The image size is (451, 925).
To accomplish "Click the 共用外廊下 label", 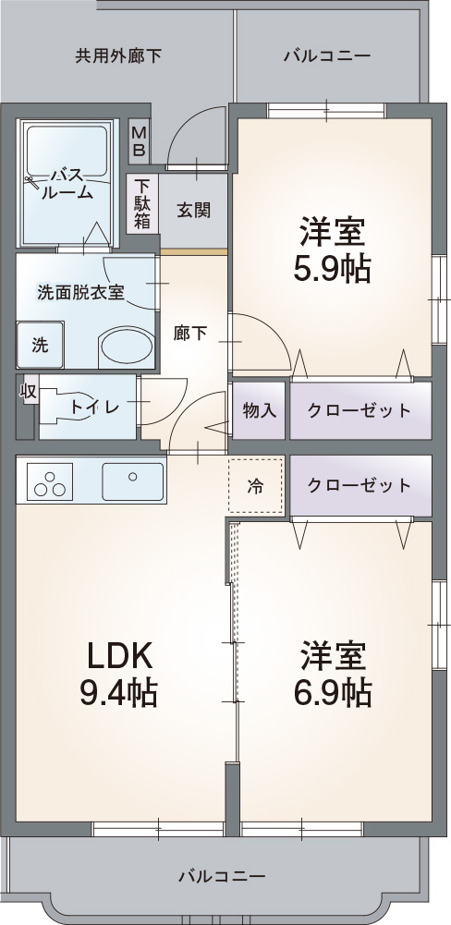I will click(118, 55).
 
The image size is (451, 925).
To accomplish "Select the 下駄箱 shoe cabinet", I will click(142, 203).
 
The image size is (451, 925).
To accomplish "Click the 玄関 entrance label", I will click(193, 210).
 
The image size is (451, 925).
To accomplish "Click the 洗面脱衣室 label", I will click(80, 291).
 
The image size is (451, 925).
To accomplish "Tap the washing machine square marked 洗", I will click(40, 346).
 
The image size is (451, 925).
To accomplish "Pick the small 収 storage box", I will click(28, 392).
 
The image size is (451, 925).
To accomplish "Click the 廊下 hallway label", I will click(190, 334).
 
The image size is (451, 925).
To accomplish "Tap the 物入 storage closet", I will click(260, 408).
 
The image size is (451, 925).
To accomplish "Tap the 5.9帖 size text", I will click(332, 268).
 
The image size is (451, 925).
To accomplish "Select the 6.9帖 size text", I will click(333, 691).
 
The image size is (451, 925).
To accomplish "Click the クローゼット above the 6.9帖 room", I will click(360, 485).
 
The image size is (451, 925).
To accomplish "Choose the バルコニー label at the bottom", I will click(222, 875).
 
